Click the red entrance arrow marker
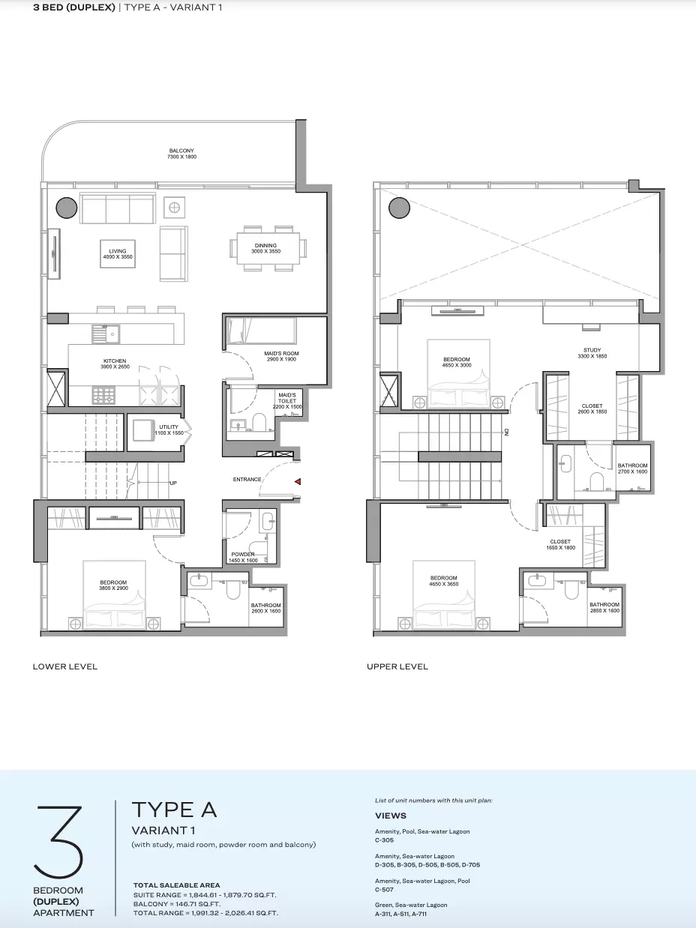coord(298,481)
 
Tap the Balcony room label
coord(181,154)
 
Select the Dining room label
coord(265,248)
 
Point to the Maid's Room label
coord(281,356)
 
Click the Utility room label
coord(169,430)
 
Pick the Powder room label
coord(243,557)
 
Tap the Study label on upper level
coord(592,353)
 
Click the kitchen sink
coord(106,334)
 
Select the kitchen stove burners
coord(103,395)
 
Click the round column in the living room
coord(67,208)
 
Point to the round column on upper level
coord(399,208)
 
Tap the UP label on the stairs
coord(173,483)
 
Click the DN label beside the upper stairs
coord(506,432)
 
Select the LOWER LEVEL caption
coord(65,666)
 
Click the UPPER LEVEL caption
coord(397,666)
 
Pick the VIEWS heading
coord(391,816)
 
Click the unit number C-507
coord(384,890)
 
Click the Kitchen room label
coord(115,364)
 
